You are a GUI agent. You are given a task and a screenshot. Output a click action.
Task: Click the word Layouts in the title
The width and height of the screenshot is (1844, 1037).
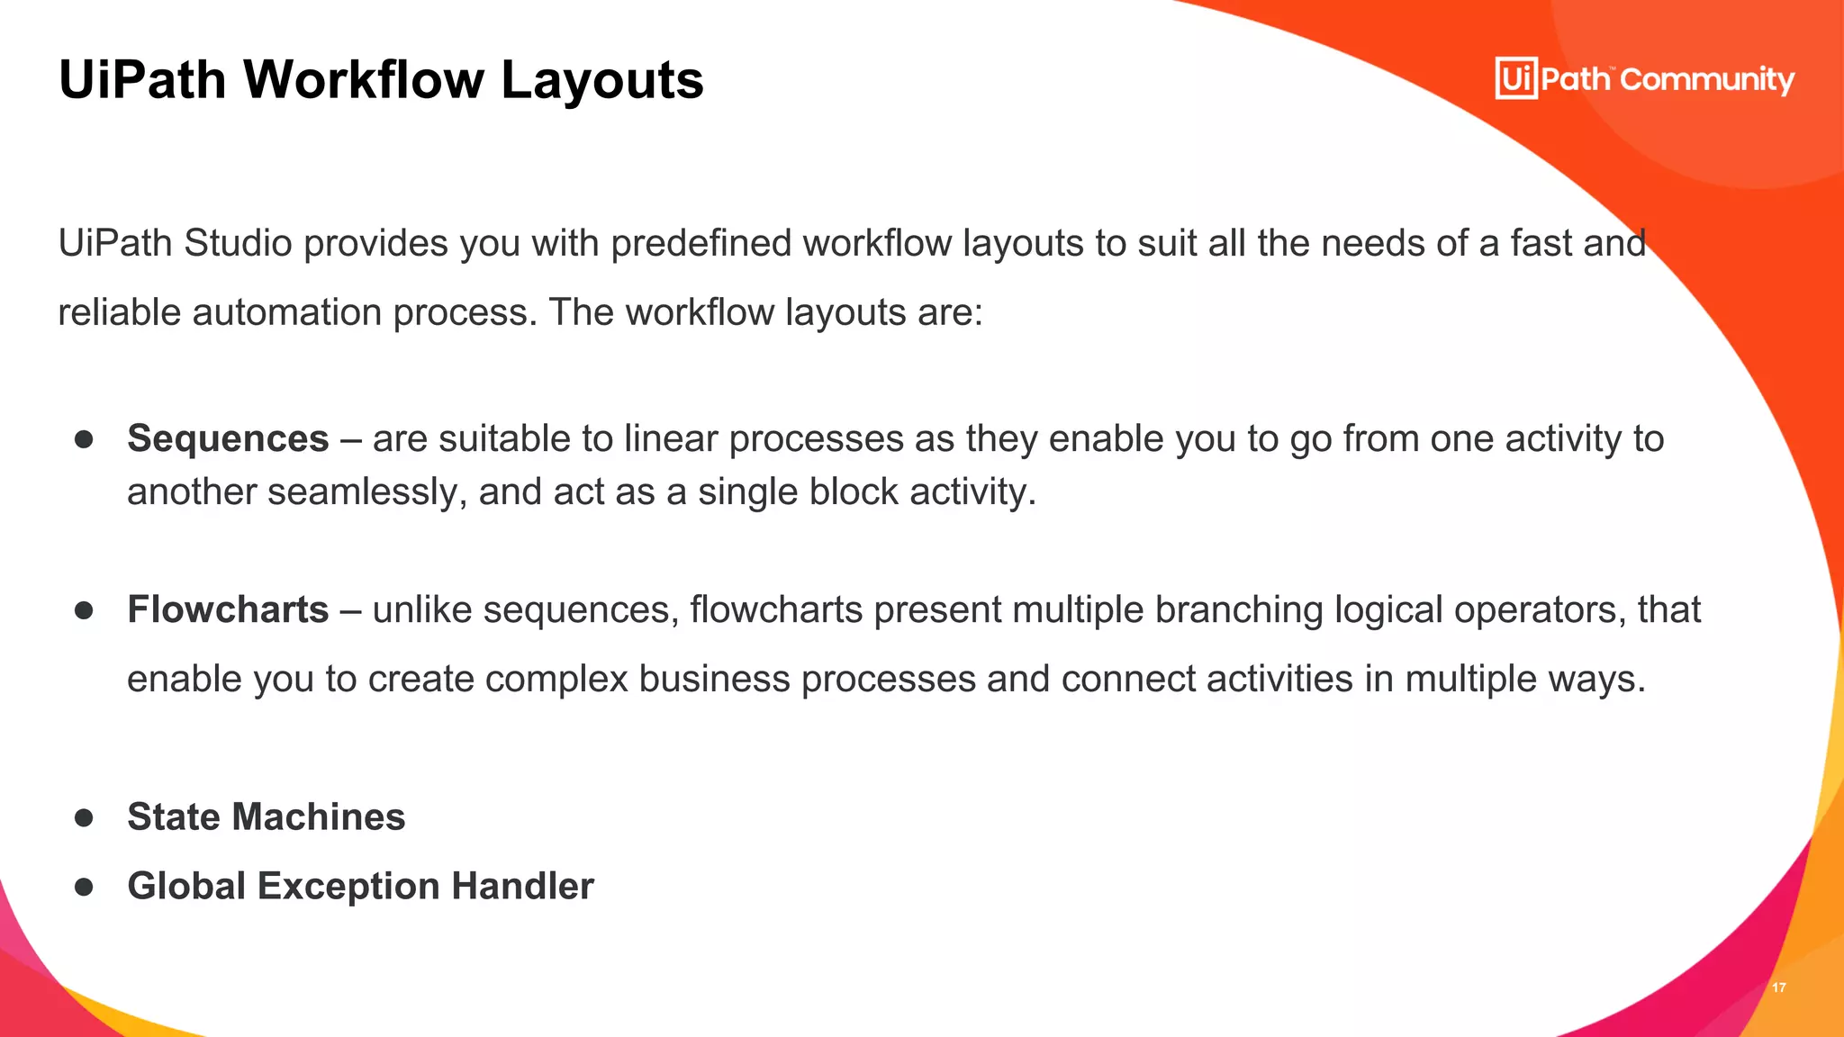pyautogui.click(x=601, y=79)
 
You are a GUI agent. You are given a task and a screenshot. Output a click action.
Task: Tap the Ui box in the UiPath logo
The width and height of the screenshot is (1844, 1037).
pyautogui.click(x=1515, y=78)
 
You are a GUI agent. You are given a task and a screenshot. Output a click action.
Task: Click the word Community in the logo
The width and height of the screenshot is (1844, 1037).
pyautogui.click(x=1707, y=79)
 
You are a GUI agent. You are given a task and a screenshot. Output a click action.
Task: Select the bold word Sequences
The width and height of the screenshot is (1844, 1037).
pyautogui.click(x=228, y=438)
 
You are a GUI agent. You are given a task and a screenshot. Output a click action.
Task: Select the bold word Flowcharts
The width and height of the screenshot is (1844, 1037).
pyautogui.click(x=228, y=609)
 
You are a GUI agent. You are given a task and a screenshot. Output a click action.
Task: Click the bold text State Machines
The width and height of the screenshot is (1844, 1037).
pyautogui.click(x=266, y=816)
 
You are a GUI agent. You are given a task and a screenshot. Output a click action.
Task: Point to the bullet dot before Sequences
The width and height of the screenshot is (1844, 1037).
pyautogui.click(x=85, y=439)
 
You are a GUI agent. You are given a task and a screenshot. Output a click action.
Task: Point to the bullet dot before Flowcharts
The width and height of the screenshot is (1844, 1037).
pyautogui.click(x=85, y=610)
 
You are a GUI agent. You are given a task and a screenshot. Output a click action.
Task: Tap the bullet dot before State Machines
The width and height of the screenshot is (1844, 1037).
pyautogui.click(x=85, y=817)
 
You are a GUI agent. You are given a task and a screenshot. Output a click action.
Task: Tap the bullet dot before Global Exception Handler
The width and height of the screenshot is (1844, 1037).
pyautogui.click(x=85, y=887)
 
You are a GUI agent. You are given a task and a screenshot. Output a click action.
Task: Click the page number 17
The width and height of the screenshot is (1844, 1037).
pyautogui.click(x=1778, y=987)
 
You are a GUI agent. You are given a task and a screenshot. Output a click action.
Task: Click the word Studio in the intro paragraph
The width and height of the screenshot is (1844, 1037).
pyautogui.click(x=238, y=243)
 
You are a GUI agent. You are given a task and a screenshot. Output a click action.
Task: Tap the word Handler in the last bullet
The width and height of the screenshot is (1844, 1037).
pyautogui.click(x=522, y=886)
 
